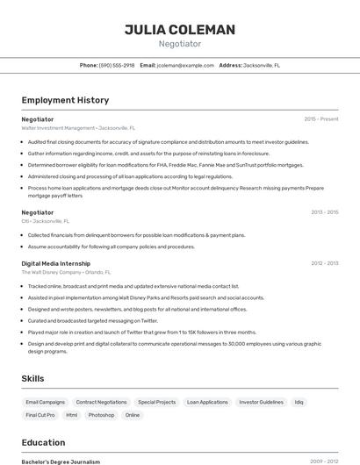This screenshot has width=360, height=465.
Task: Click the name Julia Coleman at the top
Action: point(180,30)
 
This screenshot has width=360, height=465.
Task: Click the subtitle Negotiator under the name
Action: point(180,44)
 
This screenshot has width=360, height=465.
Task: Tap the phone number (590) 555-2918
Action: point(117,65)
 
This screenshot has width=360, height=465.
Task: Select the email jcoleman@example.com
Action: point(185,65)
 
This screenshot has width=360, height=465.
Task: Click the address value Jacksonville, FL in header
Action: point(262,65)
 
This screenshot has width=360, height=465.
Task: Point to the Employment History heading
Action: point(65,100)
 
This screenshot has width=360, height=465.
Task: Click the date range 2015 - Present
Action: point(321,119)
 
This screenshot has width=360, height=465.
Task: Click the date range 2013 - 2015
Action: point(324,212)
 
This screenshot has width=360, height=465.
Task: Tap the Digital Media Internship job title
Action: point(56,263)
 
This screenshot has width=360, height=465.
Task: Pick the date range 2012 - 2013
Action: point(324,263)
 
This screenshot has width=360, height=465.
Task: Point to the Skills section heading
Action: point(33,378)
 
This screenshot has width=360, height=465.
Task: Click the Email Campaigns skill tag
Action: point(46,402)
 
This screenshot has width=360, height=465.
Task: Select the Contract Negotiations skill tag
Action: point(101,402)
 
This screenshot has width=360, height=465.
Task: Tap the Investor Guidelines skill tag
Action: point(261,402)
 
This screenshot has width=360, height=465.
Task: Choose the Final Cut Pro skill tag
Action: point(40,415)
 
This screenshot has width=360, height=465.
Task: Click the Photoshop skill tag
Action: point(101,415)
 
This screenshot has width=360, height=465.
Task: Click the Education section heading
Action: point(43,442)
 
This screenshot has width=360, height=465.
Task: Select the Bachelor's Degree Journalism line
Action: point(61,461)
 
